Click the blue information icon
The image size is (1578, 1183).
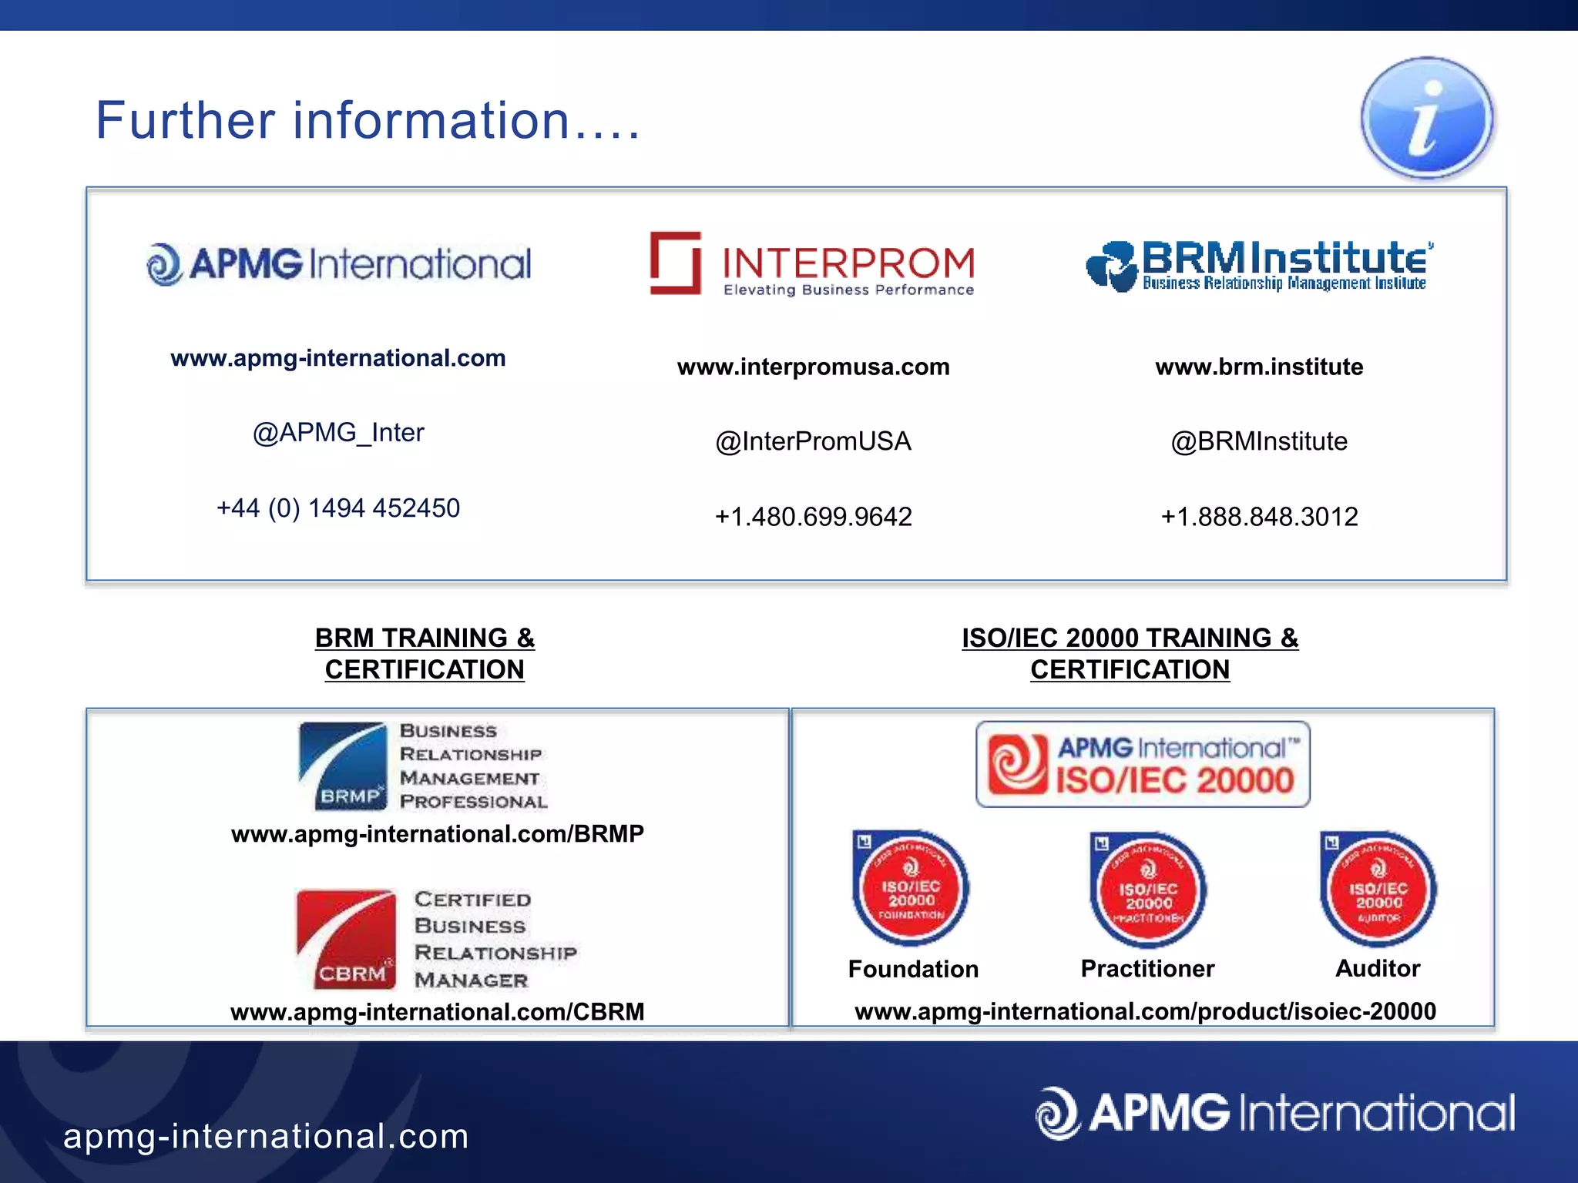[1426, 118]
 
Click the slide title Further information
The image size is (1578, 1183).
[368, 121]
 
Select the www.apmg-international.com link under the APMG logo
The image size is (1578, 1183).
[337, 358]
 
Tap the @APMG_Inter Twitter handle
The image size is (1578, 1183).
[338, 433]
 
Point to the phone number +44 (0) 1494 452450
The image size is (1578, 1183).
[338, 508]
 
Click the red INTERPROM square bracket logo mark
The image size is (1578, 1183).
[675, 263]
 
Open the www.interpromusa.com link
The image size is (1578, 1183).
[813, 367]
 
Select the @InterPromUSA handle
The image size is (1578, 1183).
[813, 441]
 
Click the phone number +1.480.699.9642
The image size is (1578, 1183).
[813, 517]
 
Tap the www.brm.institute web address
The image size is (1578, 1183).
[1259, 367]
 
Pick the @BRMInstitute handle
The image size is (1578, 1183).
[1259, 441]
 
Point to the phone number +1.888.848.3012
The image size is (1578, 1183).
[1259, 517]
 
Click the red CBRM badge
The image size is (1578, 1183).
[346, 940]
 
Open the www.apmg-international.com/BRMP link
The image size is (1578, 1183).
[437, 834]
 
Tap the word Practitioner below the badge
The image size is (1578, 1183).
[1147, 969]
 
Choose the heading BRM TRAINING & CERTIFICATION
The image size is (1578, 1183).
[425, 654]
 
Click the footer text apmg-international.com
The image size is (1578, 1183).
[266, 1137]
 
